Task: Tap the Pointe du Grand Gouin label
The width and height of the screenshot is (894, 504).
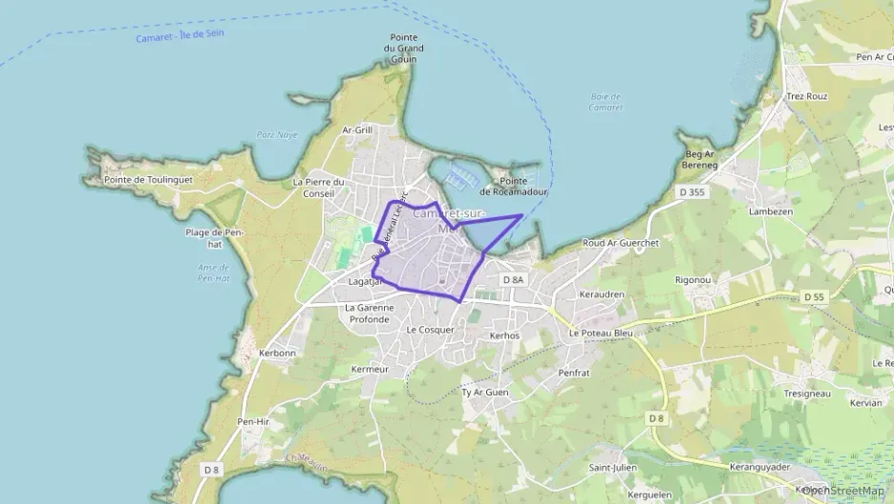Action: pos(404,49)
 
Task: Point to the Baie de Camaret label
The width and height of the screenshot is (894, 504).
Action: pos(606,101)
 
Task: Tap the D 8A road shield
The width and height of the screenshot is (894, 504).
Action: pos(514,279)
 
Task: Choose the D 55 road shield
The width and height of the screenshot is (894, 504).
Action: pos(814,297)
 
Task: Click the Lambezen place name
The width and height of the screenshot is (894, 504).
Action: pos(772,211)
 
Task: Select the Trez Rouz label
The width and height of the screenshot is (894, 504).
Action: pos(806,97)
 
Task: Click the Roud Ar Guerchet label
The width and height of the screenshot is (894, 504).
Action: pos(621,244)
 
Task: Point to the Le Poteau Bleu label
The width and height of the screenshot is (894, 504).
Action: pos(601,333)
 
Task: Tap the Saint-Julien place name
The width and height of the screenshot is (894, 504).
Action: pos(612,468)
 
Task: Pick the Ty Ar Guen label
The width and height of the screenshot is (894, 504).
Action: pos(485,392)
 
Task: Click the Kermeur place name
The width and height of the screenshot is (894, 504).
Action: pos(371,369)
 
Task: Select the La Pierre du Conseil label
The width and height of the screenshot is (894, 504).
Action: pos(318,187)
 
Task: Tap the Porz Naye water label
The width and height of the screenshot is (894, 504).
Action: pos(278,135)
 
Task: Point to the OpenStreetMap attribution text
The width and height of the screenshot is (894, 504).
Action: pos(842,491)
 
